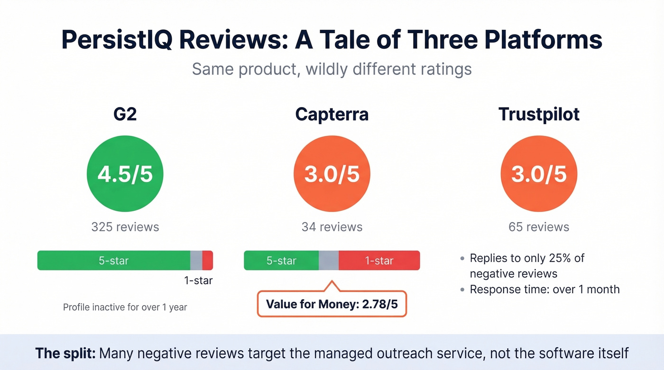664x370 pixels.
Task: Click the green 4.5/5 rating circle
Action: pyautogui.click(x=125, y=174)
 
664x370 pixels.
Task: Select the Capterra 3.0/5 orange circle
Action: pyautogui.click(x=332, y=174)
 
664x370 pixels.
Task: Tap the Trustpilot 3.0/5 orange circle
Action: pyautogui.click(x=539, y=174)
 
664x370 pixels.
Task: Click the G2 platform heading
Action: pyautogui.click(x=125, y=115)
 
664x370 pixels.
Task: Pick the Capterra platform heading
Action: pyautogui.click(x=332, y=115)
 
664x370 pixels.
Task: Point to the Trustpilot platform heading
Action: pyautogui.click(x=539, y=115)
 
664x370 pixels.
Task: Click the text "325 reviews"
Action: pyautogui.click(x=125, y=227)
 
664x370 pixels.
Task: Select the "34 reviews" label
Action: pyautogui.click(x=332, y=227)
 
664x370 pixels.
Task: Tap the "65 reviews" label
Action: pyautogui.click(x=539, y=227)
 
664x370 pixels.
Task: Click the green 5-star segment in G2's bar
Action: pyautogui.click(x=114, y=261)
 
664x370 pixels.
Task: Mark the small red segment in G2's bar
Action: pyautogui.click(x=207, y=261)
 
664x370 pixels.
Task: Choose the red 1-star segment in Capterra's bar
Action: pyautogui.click(x=379, y=261)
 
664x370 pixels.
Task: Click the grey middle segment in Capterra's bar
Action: pyautogui.click(x=328, y=261)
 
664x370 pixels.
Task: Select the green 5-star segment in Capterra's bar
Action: pyautogui.click(x=281, y=261)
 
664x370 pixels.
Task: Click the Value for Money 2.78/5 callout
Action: pyautogui.click(x=332, y=304)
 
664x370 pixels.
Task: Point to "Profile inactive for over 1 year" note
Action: pyautogui.click(x=125, y=307)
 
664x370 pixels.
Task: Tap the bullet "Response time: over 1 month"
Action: pyautogui.click(x=544, y=289)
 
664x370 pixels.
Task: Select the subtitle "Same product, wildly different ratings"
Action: pyautogui.click(x=332, y=69)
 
